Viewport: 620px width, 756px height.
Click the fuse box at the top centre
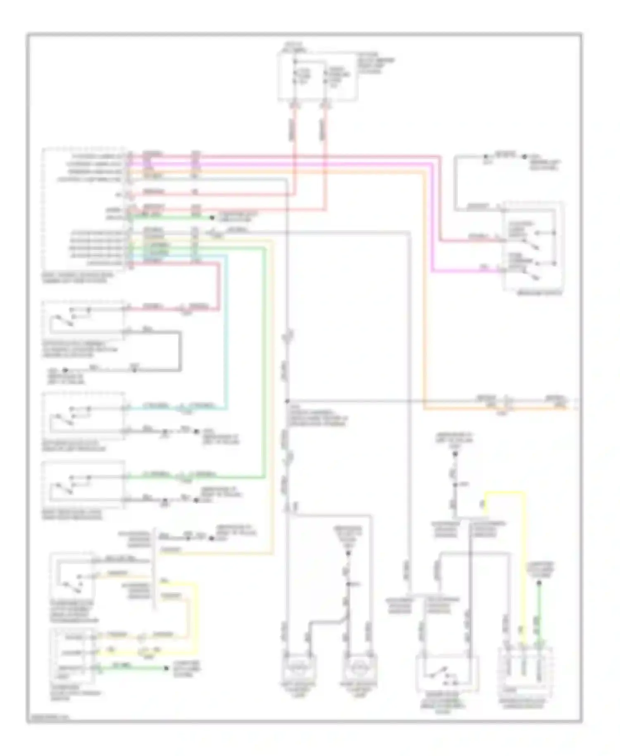click(317, 77)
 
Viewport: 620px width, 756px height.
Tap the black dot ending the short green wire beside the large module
click(212, 217)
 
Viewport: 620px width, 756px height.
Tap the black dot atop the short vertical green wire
click(539, 583)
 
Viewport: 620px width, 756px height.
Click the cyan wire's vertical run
click(226, 331)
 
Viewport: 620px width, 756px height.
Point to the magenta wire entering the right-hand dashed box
click(467, 272)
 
